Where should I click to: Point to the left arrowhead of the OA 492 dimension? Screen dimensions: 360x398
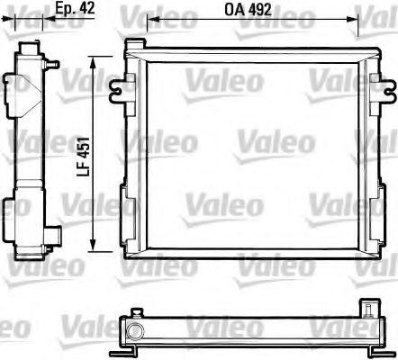click(x=150, y=21)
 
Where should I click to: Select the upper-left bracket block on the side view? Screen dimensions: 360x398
click(x=14, y=86)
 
